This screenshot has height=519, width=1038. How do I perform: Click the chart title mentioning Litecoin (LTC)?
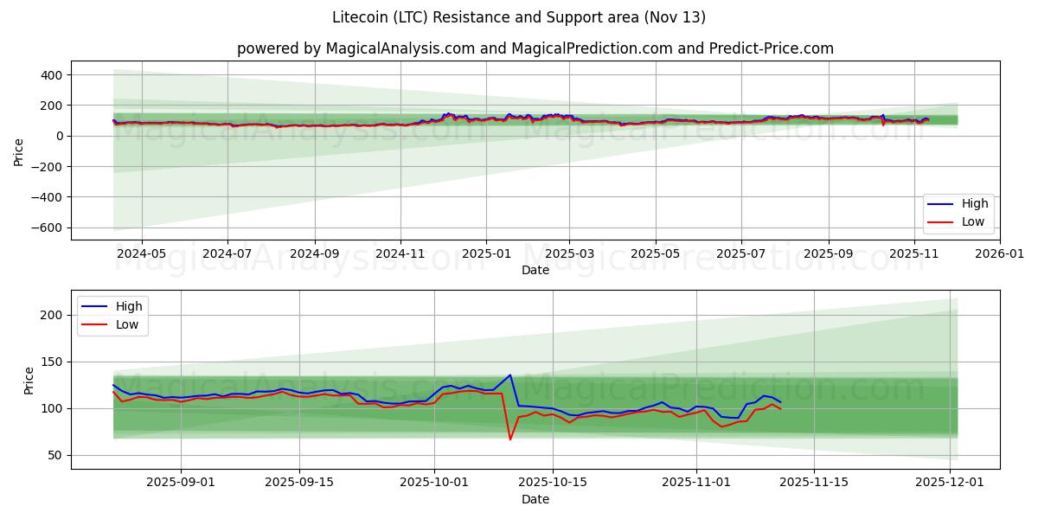(x=518, y=17)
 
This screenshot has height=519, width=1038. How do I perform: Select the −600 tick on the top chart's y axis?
(x=46, y=228)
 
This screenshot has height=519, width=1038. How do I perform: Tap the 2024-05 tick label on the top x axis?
(x=141, y=255)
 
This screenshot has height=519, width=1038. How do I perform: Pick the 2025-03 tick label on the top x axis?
(x=570, y=255)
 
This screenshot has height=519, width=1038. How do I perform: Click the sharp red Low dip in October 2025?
(x=510, y=439)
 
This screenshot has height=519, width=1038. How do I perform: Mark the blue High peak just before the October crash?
(x=510, y=375)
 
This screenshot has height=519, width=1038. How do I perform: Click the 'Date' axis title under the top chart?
(x=535, y=271)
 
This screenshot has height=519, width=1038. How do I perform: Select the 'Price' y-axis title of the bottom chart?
(x=29, y=381)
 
